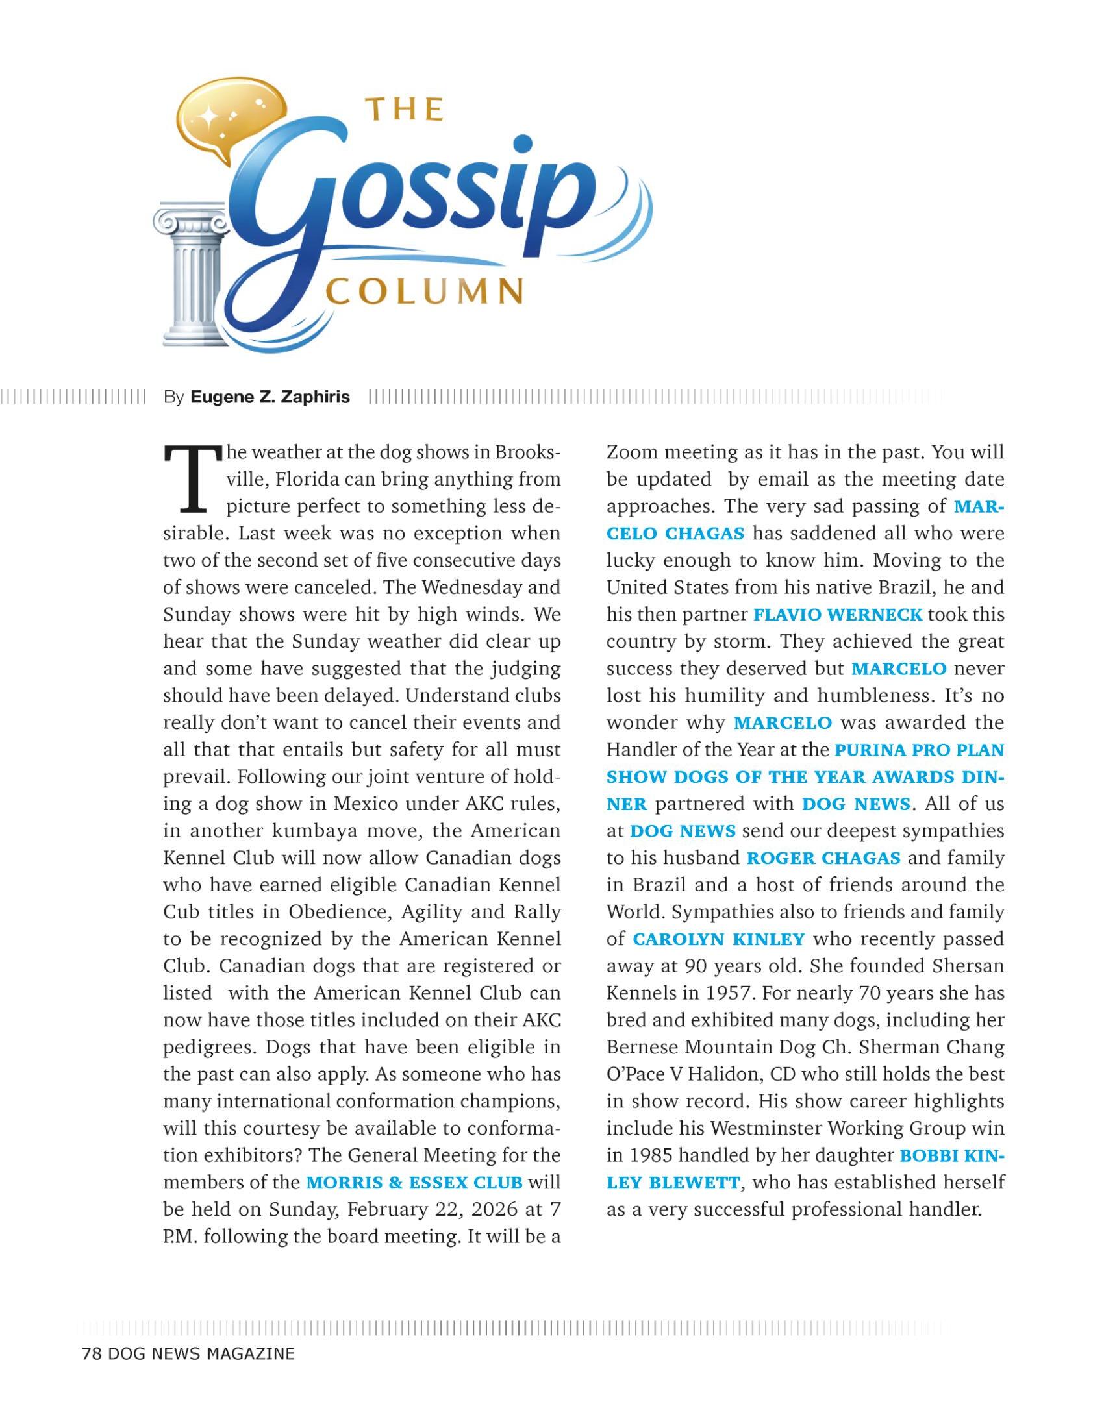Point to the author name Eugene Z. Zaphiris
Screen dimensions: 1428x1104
pos(270,397)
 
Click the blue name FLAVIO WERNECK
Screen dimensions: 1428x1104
pos(838,615)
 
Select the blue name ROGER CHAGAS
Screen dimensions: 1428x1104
pos(823,857)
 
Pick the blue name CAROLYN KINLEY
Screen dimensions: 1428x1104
pos(718,939)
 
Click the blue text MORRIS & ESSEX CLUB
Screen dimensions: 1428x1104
pos(415,1182)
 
